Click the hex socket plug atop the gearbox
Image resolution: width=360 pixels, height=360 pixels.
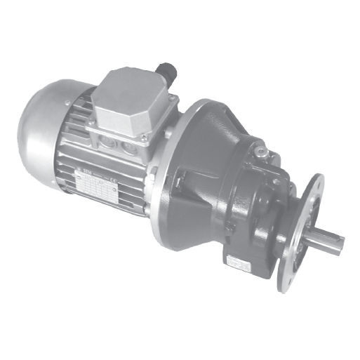point(260,149)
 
